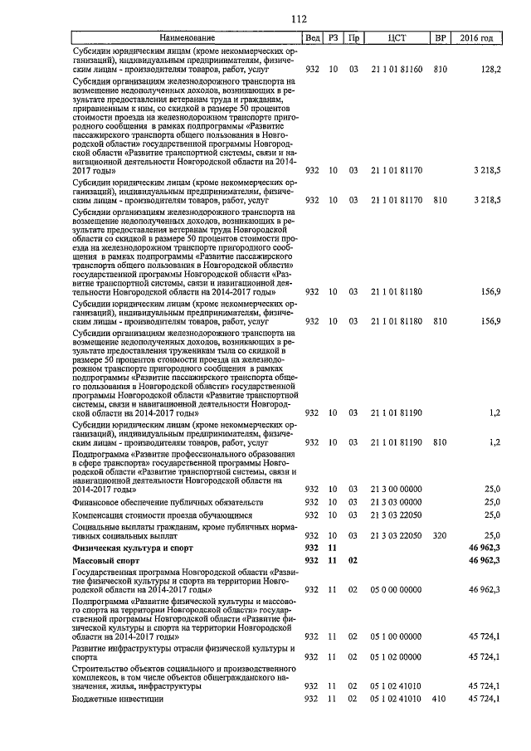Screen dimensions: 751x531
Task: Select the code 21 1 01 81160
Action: pos(397,70)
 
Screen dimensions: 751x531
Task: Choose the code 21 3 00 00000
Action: pos(397,489)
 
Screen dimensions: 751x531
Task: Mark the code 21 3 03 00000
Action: pos(397,502)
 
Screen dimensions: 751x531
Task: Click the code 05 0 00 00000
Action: pos(397,588)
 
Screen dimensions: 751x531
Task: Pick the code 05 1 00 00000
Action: pos(397,636)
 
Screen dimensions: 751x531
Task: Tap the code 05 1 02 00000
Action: pos(397,656)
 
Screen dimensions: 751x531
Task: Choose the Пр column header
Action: pos(353,38)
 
